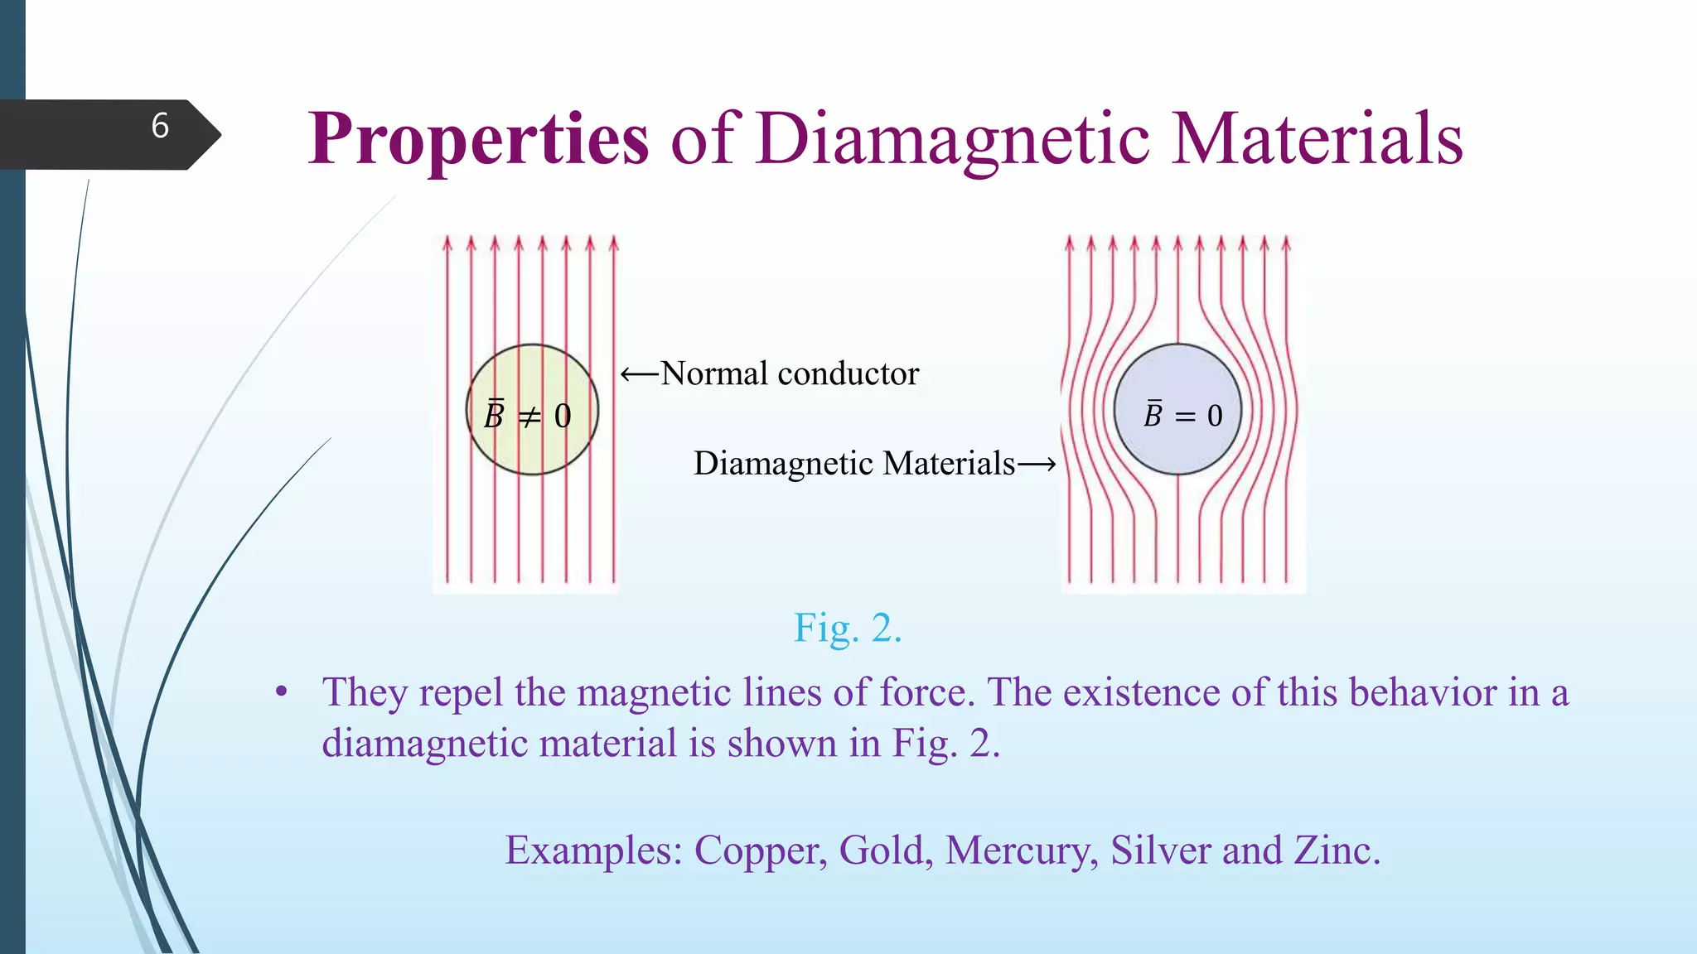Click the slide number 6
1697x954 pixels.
pyautogui.click(x=160, y=127)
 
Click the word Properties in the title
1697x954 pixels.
pyautogui.click(x=478, y=139)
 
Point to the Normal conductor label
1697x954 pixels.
pyautogui.click(x=790, y=374)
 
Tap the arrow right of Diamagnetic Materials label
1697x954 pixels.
pyautogui.click(x=1037, y=465)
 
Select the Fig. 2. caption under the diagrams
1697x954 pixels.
pyautogui.click(x=847, y=628)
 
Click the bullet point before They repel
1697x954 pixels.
pyautogui.click(x=282, y=692)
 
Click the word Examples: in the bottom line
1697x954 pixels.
pyautogui.click(x=593, y=850)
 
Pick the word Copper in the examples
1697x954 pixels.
pyautogui.click(x=760, y=850)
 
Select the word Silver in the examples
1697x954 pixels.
pyautogui.click(x=1160, y=850)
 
